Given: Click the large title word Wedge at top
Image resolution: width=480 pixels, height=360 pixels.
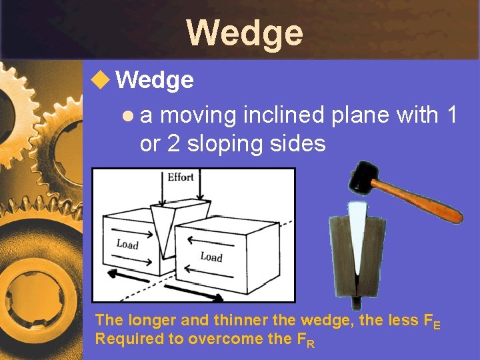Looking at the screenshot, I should pos(244,32).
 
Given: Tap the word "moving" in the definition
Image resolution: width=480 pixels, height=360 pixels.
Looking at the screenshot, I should pos(198,115).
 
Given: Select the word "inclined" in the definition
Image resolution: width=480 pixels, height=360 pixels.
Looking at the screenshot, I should pos(284,115).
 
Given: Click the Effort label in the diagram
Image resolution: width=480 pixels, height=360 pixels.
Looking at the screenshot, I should pos(181,177).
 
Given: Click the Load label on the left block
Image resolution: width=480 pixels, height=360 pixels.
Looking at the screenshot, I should pos(127,243).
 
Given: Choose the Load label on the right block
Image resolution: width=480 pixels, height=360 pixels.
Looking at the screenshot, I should pos(211,256).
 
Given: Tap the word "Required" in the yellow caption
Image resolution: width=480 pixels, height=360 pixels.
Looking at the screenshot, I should pos(127,338).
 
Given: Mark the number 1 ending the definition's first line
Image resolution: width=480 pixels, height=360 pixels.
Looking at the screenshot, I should pos(453,115).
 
